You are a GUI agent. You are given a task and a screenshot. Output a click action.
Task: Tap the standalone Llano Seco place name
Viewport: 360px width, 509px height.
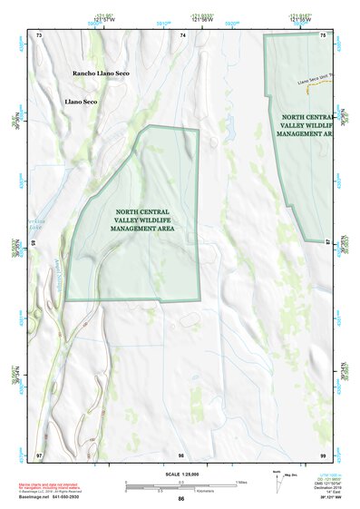click(x=80, y=102)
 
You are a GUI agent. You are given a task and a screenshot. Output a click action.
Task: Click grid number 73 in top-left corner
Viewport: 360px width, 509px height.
click(x=38, y=34)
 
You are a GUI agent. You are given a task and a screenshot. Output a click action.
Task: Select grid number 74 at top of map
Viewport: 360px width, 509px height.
click(x=183, y=34)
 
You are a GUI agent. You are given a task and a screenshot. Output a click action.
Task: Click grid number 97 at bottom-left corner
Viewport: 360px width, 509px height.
click(x=38, y=453)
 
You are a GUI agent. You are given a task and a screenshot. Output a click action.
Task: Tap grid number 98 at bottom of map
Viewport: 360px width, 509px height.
click(x=181, y=453)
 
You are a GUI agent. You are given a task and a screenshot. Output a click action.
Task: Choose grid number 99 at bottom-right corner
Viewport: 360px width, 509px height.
click(x=324, y=453)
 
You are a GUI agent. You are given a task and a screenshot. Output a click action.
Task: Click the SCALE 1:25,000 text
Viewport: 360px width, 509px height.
click(x=181, y=473)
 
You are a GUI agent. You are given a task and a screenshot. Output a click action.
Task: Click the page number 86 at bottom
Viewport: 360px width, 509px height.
click(x=181, y=499)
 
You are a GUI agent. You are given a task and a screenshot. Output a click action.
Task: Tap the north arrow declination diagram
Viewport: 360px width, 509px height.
click(x=277, y=481)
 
